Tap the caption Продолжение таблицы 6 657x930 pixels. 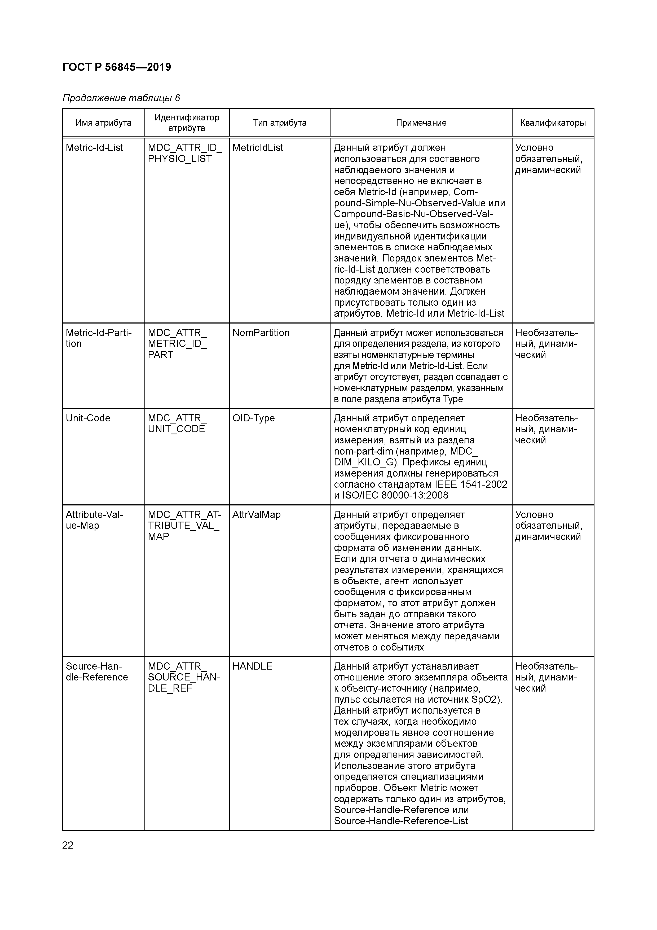pos(121,98)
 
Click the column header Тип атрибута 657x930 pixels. pos(279,123)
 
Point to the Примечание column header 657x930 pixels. pos(421,123)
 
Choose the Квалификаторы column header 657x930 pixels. pos(553,123)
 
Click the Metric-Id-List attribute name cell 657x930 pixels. pos(94,148)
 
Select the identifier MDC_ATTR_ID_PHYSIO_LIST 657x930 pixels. pos(185,153)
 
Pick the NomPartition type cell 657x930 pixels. pos(261,333)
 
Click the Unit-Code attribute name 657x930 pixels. pos(88,418)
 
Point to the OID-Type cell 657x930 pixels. pos(253,418)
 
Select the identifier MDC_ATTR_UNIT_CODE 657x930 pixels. pos(177,423)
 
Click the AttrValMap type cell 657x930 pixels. pos(256,514)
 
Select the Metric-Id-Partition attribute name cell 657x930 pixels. pos(98,338)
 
